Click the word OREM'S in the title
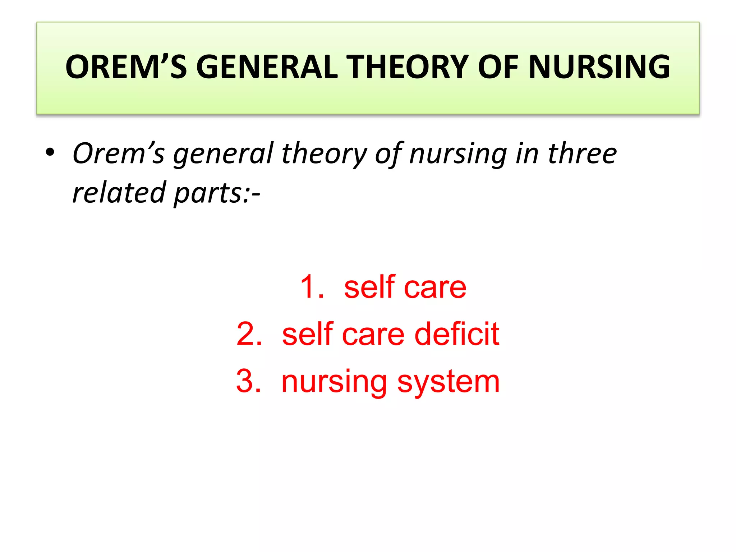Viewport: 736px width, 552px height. (x=126, y=67)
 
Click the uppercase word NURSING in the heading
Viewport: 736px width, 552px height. (x=599, y=67)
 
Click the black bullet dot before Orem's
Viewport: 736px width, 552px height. (x=50, y=152)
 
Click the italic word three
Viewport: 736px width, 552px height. (x=582, y=153)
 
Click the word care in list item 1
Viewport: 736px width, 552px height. (x=435, y=287)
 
